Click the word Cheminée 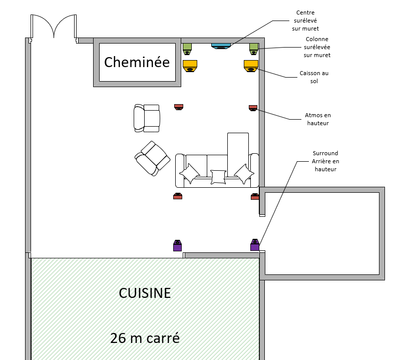pos(137,63)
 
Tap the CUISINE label pos(145,292)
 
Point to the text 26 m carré pos(145,338)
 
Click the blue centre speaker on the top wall pos(221,46)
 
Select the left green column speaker pos(187,49)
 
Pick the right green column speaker pos(254,49)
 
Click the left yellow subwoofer pos(190,66)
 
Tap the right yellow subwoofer pos(251,66)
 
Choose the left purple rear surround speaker pos(177,245)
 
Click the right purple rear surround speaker pos(254,245)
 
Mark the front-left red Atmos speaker pos(179,107)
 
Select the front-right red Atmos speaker pos(253,107)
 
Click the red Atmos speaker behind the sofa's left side pos(178,196)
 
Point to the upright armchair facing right pos(147,118)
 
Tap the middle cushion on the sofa pos(218,177)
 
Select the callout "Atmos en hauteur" pos(318,119)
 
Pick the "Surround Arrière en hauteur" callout pos(325,161)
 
